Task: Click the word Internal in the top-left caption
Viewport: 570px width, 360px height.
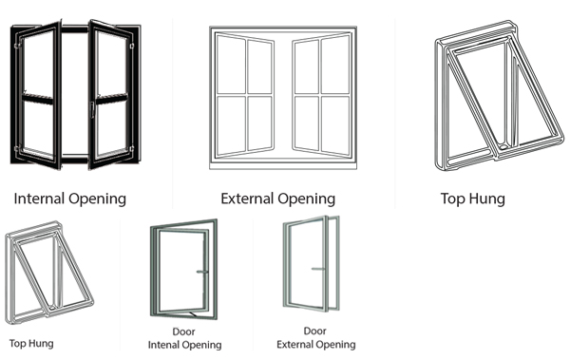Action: (40, 199)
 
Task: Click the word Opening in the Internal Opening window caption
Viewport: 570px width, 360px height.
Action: (98, 199)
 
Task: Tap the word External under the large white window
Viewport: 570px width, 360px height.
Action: (247, 199)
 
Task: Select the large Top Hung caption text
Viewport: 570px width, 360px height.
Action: (473, 199)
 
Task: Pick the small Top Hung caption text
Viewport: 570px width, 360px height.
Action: (31, 344)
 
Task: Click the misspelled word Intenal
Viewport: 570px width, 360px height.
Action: (164, 345)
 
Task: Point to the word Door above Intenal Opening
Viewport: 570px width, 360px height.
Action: (183, 332)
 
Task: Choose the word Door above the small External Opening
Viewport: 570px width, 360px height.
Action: (314, 331)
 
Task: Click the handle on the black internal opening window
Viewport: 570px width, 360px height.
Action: (92, 110)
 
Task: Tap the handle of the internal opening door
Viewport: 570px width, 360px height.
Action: (202, 272)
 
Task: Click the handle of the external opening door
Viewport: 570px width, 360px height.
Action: (318, 269)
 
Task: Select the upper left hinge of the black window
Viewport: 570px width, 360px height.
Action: (17, 47)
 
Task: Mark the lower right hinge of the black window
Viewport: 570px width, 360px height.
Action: (132, 148)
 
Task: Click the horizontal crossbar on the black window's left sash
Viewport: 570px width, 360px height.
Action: (38, 98)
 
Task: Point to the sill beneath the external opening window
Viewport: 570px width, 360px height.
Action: (283, 165)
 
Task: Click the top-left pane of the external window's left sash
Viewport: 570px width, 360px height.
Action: (231, 65)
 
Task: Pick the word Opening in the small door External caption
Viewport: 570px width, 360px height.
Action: (336, 345)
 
